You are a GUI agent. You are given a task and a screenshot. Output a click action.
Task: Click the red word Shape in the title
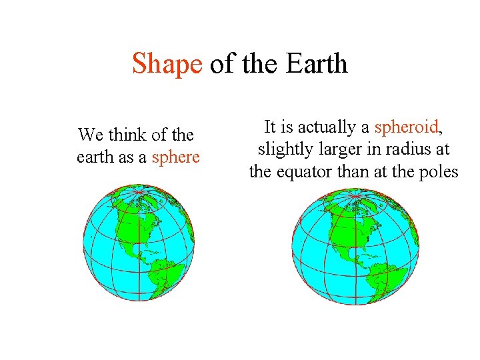167,65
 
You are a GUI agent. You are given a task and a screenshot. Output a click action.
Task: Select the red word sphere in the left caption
176,157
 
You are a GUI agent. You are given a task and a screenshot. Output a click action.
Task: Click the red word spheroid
406,127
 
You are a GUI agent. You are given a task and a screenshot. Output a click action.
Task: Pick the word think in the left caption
126,135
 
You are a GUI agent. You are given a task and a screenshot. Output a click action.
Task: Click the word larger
335,149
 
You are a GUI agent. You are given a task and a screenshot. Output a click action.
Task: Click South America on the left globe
163,273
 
